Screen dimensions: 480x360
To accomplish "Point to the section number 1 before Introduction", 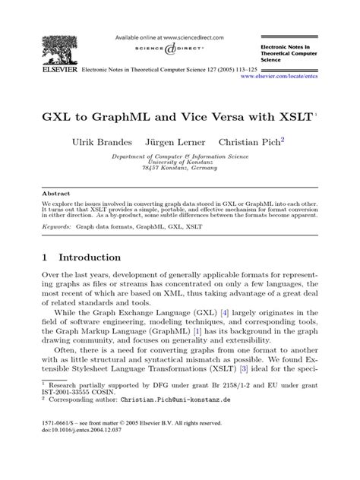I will [45, 257].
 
